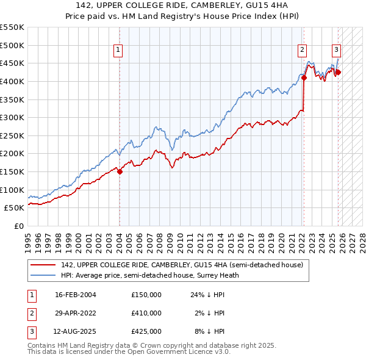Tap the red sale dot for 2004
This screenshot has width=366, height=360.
pos(120,171)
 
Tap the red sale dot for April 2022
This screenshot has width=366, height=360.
pos(303,77)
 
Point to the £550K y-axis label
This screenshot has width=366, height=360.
pos(12,27)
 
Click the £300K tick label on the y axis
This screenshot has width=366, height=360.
pos(12,117)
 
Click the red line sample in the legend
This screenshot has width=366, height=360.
pos(43,265)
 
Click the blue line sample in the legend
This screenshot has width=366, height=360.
pos(43,275)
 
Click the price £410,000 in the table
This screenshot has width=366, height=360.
pos(146,313)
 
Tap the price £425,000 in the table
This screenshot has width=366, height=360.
pos(146,331)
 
